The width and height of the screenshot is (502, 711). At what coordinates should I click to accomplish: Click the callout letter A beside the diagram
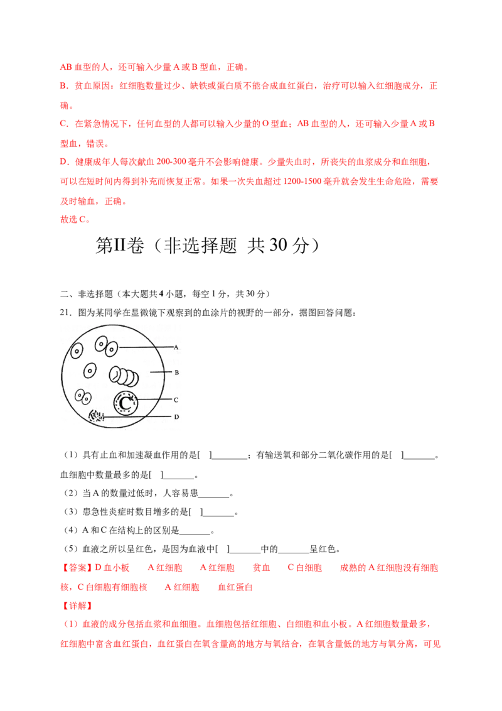click(x=176, y=347)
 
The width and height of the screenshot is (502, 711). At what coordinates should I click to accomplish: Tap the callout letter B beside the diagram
click(x=177, y=372)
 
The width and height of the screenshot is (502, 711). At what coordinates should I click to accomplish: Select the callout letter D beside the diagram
click(x=177, y=416)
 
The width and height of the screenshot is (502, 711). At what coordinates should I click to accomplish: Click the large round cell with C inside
click(x=126, y=402)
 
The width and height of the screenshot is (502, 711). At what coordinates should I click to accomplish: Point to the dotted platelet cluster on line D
click(x=96, y=416)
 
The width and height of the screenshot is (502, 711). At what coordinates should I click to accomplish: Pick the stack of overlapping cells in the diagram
click(x=124, y=376)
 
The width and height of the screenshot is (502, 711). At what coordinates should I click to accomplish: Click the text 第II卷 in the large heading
click(x=120, y=246)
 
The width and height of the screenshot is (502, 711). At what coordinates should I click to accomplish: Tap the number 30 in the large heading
click(x=278, y=246)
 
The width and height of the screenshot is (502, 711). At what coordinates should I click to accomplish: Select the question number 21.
click(x=65, y=312)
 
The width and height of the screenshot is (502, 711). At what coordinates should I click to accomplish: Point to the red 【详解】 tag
click(x=77, y=606)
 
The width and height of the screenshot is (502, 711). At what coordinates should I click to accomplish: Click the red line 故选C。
click(x=75, y=219)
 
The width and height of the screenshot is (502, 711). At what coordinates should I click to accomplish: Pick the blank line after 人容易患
click(x=214, y=496)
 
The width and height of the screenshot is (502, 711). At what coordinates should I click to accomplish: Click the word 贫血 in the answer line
click(x=261, y=568)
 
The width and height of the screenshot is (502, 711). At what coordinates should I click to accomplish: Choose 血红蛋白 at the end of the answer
click(x=235, y=587)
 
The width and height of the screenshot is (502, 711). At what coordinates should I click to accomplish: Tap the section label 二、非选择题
click(x=86, y=294)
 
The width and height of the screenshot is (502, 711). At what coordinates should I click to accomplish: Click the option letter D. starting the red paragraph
click(x=65, y=162)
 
